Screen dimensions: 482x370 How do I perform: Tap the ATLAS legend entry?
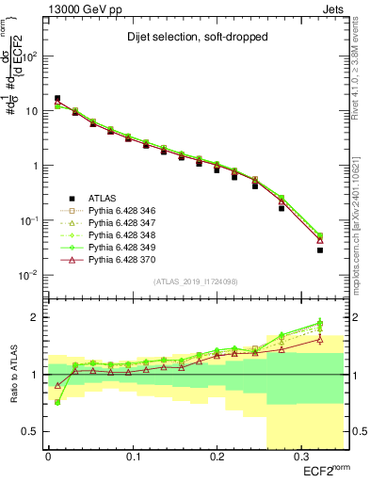[x=102, y=198]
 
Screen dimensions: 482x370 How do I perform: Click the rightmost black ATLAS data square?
[x=320, y=250]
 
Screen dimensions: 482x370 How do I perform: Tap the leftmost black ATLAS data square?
[x=57, y=98]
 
